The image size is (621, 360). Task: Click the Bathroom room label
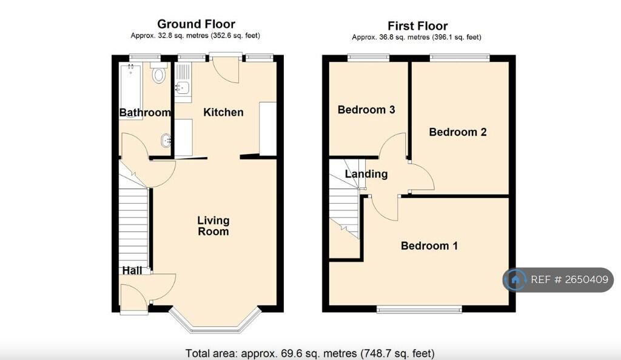coord(145,113)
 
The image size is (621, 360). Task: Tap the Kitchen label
coord(223,112)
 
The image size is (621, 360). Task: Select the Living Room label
coord(213,225)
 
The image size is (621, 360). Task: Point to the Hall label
coord(133,270)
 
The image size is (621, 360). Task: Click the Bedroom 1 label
coord(429,245)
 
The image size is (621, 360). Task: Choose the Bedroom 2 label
coord(458,132)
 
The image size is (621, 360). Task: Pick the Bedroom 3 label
coord(366,110)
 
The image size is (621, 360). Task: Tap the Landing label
coord(366,174)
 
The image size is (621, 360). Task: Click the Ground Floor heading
coord(196,24)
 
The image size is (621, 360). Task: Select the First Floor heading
coord(418,26)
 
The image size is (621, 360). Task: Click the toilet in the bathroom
coord(159,75)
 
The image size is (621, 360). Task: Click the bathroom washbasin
coord(166,141)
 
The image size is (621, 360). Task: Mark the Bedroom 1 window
coord(419,310)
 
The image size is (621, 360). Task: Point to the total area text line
coord(310,353)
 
